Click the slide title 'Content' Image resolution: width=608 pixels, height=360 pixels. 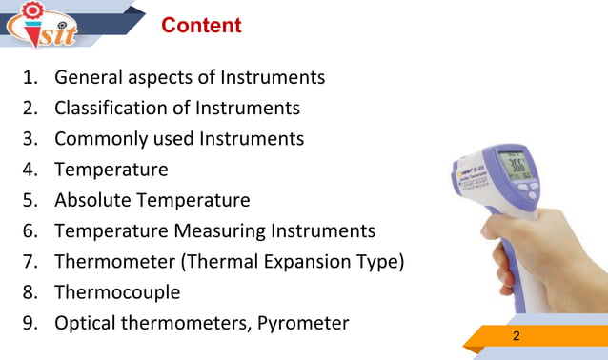click(x=201, y=26)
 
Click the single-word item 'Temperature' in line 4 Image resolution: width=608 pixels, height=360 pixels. click(x=111, y=170)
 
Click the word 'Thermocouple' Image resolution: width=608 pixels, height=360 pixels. click(x=117, y=291)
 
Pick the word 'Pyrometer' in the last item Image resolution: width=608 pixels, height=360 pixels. click(x=304, y=323)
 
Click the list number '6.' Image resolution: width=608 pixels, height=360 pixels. click(x=31, y=230)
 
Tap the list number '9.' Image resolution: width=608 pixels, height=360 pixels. click(x=31, y=323)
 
